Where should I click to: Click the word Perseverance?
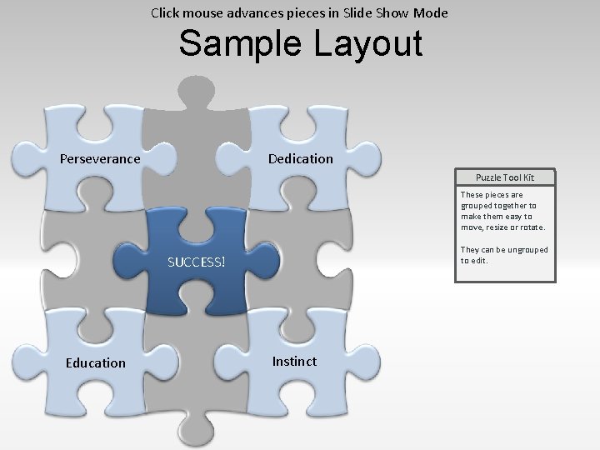click(x=100, y=158)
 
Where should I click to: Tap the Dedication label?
click(x=300, y=158)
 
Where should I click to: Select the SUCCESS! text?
click(x=196, y=262)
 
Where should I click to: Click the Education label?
click(x=96, y=362)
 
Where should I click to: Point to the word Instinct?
click(x=294, y=361)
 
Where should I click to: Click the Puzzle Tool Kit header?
click(x=504, y=177)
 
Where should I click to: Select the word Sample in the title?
click(x=242, y=43)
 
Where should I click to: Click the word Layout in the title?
click(x=368, y=43)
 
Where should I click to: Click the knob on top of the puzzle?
click(x=197, y=91)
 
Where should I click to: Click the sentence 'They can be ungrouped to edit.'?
click(x=504, y=255)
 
